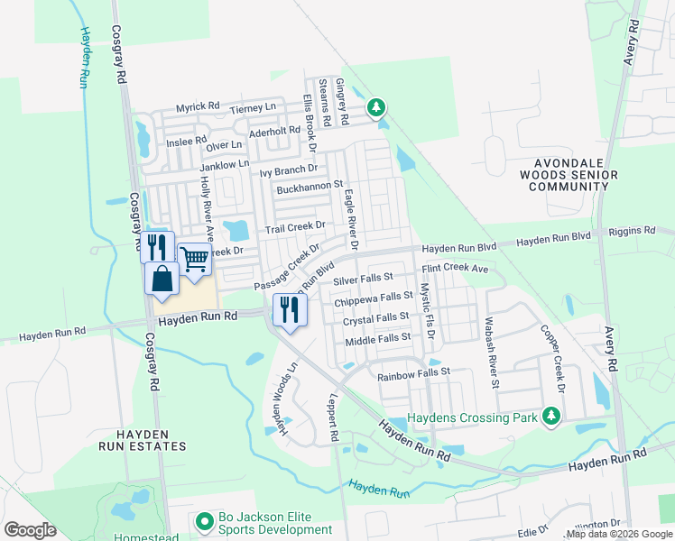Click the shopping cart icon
pos(195,260)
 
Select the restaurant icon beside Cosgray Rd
pos(157,246)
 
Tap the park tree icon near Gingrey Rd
pos(376,108)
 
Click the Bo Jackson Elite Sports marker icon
pos(205,521)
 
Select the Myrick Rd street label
pos(198,106)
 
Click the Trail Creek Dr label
pos(294,229)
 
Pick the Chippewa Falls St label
pos(374,298)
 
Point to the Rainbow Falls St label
pos(413,372)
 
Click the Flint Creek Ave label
pos(454,269)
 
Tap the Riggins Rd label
pos(632,231)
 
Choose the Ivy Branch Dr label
pos(289,169)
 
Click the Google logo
pos(30,530)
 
